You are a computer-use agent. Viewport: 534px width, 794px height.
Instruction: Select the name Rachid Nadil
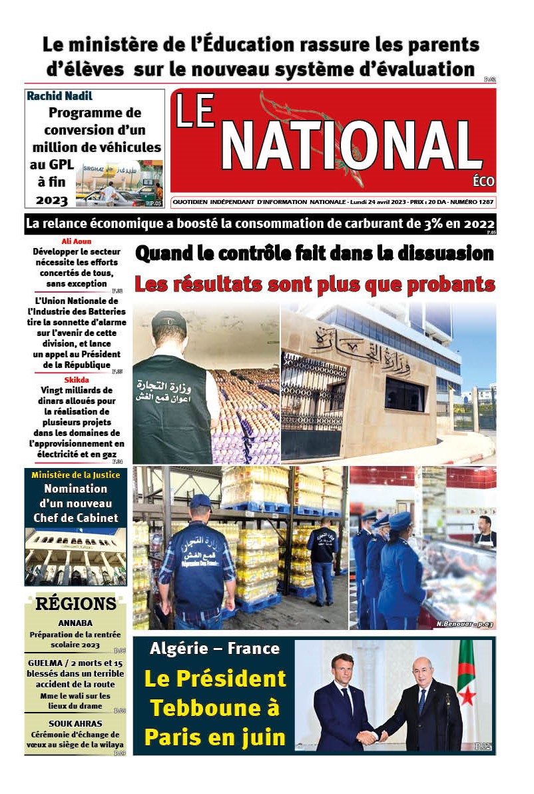point(59,96)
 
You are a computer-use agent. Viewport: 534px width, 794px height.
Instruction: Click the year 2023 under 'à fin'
point(52,199)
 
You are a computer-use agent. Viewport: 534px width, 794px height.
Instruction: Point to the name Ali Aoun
point(77,241)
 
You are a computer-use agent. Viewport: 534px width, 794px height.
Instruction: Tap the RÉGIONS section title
point(75,604)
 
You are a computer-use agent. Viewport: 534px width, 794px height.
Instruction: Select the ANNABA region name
point(75,625)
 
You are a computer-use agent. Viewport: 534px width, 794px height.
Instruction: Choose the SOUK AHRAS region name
point(75,723)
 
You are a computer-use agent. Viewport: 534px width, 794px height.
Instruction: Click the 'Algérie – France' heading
point(214,648)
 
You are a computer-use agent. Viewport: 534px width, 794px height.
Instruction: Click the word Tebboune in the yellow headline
point(214,708)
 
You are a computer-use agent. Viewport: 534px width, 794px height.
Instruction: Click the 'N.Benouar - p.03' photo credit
point(465,624)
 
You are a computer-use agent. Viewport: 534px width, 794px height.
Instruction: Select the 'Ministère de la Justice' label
point(75,475)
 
